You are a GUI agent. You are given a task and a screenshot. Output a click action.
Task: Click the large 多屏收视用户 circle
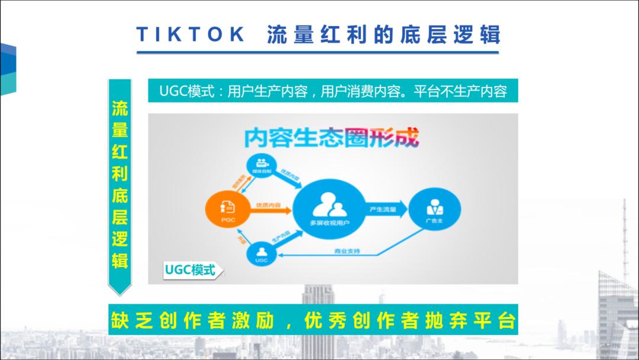pos(330,208)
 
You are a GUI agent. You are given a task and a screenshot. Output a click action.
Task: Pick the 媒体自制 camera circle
pos(261,165)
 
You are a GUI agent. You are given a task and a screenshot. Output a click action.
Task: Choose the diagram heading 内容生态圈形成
pos(331,137)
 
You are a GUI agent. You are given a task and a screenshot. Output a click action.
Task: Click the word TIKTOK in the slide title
pos(191,34)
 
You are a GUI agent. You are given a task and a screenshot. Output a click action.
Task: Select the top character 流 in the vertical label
pos(120,109)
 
